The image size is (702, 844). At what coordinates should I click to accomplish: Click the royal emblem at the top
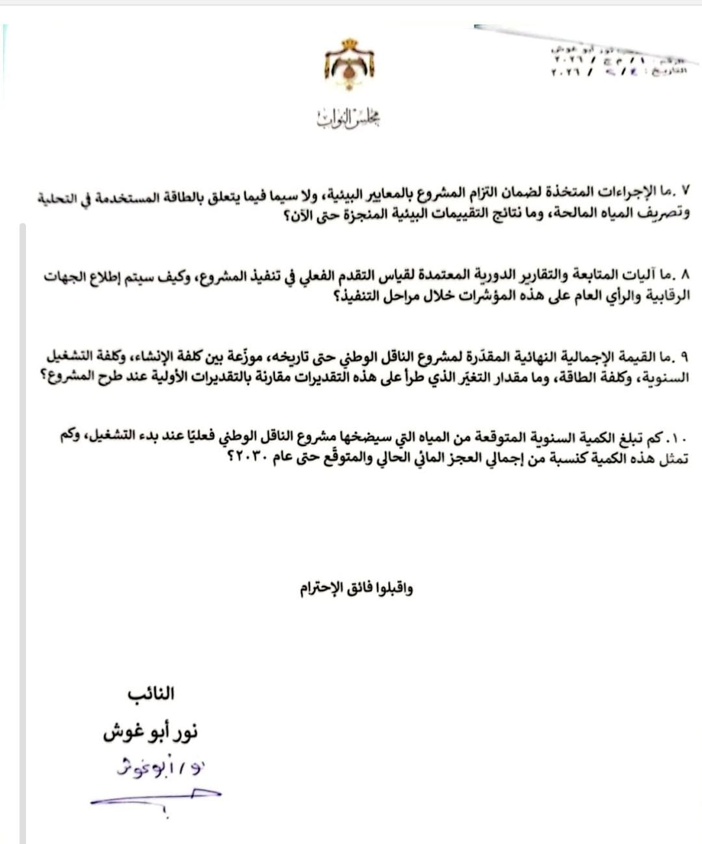[x=349, y=64]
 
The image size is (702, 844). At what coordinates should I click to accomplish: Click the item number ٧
[x=685, y=191]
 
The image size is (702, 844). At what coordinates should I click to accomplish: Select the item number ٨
[x=684, y=274]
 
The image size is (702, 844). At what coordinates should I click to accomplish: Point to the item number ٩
[x=685, y=357]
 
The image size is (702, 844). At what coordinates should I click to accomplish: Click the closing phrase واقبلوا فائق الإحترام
[x=356, y=589]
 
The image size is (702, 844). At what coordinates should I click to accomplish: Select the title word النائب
[x=151, y=693]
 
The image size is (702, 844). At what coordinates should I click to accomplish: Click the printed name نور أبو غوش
[x=150, y=732]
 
